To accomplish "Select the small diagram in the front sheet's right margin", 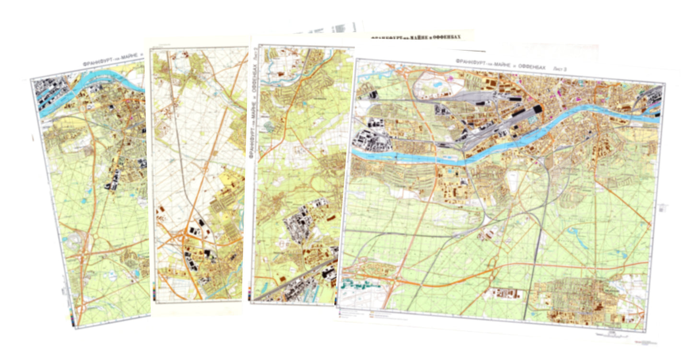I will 663,208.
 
